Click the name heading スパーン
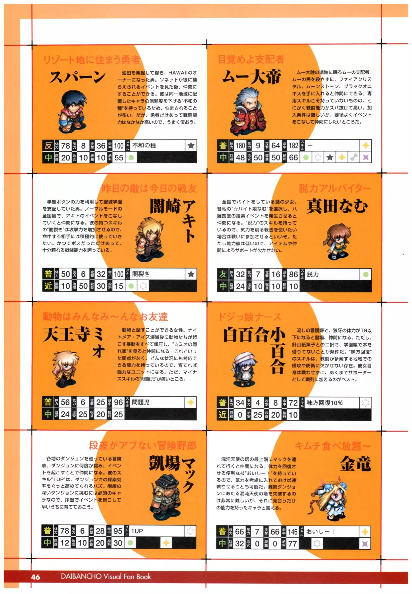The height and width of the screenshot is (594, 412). (78, 77)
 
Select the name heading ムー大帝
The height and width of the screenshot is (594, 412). (252, 77)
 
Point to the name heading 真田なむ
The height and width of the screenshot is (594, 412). (337, 206)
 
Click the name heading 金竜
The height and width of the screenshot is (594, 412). (355, 464)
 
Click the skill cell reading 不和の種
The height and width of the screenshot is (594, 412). (158, 146)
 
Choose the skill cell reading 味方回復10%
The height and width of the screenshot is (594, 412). (332, 403)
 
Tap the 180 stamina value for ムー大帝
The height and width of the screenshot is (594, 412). (240, 146)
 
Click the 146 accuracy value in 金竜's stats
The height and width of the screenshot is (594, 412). (293, 532)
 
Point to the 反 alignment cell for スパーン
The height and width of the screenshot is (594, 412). (48, 146)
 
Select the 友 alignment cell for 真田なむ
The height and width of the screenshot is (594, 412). (223, 274)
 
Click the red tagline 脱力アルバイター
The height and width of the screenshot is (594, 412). (334, 189)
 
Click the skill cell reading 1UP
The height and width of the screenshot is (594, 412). (157, 531)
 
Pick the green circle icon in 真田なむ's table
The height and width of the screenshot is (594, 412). (365, 274)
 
